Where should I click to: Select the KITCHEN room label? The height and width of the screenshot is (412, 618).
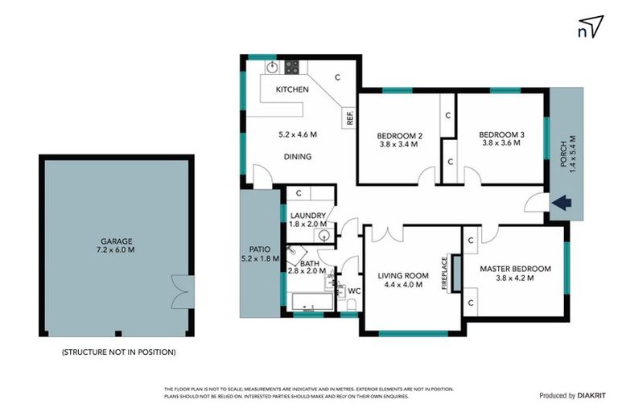click(x=292, y=89)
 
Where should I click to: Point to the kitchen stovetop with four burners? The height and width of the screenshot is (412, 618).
click(x=291, y=67)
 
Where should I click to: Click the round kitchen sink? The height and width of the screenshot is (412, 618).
click(x=272, y=67)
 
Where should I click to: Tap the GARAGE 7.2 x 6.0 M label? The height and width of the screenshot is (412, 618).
click(x=117, y=245)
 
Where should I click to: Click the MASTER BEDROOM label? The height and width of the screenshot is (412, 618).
click(x=515, y=273)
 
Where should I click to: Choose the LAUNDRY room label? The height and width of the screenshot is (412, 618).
click(x=308, y=220)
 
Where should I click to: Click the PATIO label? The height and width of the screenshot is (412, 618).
click(x=259, y=253)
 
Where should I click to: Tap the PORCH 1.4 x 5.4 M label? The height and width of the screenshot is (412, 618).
click(x=568, y=154)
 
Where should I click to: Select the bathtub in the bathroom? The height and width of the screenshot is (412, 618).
click(x=311, y=303)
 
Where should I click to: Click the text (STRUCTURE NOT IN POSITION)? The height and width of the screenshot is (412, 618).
click(x=118, y=352)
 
